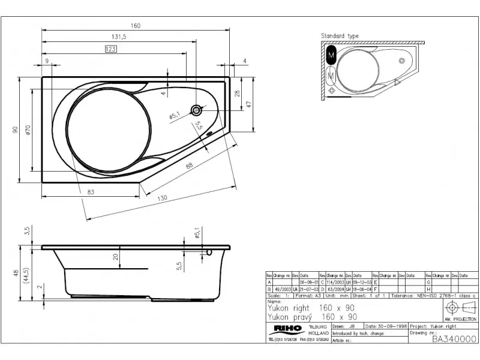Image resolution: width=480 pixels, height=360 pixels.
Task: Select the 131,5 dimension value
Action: click(118, 37)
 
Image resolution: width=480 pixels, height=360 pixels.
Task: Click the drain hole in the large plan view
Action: click(196, 110)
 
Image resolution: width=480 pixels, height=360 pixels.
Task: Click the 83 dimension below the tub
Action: click(91, 192)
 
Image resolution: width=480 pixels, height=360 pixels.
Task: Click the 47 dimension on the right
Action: click(248, 104)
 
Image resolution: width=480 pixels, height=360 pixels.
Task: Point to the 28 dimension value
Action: click(237, 93)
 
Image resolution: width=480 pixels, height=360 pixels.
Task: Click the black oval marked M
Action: click(331, 56)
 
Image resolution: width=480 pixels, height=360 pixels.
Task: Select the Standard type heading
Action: click(339, 36)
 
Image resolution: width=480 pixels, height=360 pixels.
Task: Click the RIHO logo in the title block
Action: click(287, 328)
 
